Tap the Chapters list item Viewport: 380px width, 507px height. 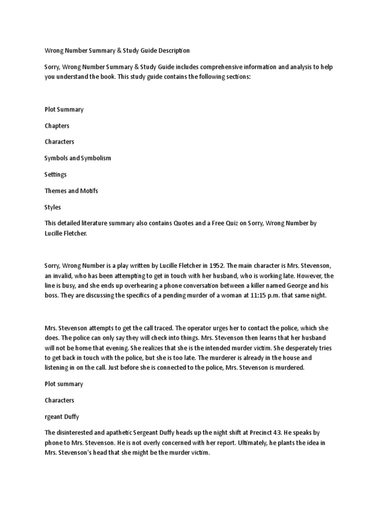pos(56,126)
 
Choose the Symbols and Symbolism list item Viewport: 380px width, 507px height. pos(78,158)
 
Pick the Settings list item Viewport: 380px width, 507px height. pos(55,174)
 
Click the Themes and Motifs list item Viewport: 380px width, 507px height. pos(71,191)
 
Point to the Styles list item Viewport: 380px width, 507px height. pos(52,207)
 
